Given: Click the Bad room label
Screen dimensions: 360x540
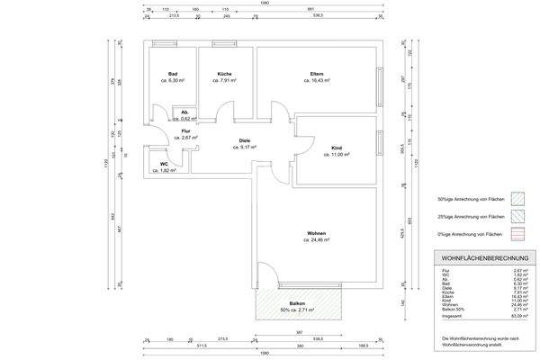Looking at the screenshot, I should coord(172,74).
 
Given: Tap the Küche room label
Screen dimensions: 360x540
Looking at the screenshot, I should coord(225,74).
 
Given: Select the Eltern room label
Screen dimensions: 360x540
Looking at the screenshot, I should coord(317,74).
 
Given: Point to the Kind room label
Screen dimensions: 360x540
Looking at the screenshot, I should coord(337,147).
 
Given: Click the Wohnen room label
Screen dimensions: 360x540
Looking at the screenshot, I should coord(316,233).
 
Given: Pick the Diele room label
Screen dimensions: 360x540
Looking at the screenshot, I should coord(244,139).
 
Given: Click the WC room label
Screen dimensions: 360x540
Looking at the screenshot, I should coord(165,163).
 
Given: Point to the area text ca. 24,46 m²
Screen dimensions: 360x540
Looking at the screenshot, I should coord(317,240).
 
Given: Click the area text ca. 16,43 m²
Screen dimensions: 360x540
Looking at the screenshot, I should coord(317,81).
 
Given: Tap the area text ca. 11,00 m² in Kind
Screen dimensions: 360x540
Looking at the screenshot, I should coord(337,154).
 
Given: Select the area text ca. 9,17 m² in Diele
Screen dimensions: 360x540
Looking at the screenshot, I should coord(245,147).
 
